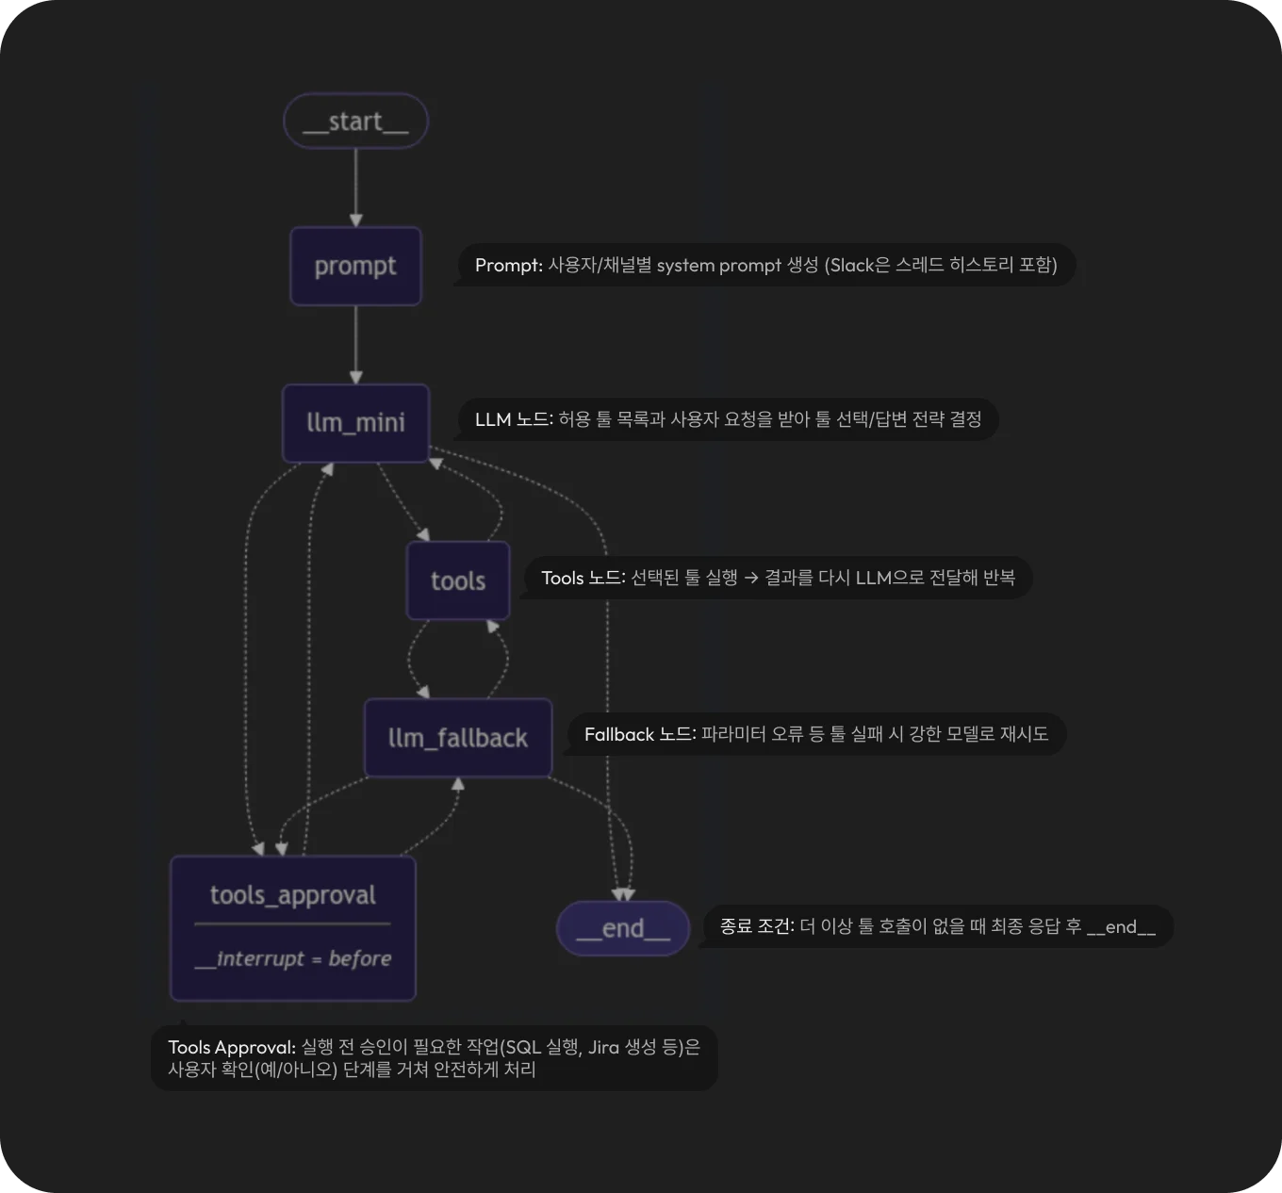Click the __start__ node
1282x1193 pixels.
pos(355,121)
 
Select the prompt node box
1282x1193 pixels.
pos(355,266)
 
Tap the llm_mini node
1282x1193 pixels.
pos(355,422)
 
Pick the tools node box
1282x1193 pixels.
pos(458,580)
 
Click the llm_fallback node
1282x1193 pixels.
pos(458,737)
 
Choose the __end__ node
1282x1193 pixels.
pos(623,928)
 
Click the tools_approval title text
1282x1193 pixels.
pos(292,894)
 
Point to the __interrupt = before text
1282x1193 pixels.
pos(292,959)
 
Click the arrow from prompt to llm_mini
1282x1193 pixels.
pos(355,344)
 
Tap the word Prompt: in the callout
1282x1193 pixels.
pos(509,266)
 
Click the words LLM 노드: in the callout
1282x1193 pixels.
pos(514,419)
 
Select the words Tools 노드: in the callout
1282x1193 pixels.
pos(583,578)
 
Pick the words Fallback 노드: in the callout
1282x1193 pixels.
pos(640,734)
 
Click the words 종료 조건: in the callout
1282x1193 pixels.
pos(757,926)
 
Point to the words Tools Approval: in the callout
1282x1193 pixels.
pos(232,1048)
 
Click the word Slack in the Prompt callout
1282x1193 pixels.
pos(852,266)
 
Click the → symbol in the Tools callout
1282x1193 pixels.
pos(751,578)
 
